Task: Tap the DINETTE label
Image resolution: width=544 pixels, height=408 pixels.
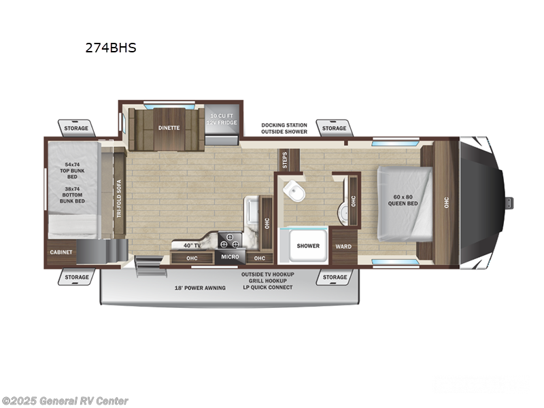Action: (x=169, y=126)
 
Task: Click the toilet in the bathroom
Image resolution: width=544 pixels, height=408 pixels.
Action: (x=294, y=192)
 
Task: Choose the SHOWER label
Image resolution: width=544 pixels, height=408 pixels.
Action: (x=307, y=245)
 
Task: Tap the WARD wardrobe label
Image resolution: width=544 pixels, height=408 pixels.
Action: (x=343, y=245)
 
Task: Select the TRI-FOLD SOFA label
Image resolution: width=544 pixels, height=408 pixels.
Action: (x=118, y=197)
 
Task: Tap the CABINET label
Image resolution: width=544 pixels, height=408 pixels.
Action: (x=61, y=252)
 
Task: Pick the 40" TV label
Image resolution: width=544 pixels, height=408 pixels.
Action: (x=191, y=245)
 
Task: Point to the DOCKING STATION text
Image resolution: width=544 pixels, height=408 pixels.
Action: (x=284, y=125)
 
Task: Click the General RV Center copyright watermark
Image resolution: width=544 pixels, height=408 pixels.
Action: (x=65, y=401)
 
